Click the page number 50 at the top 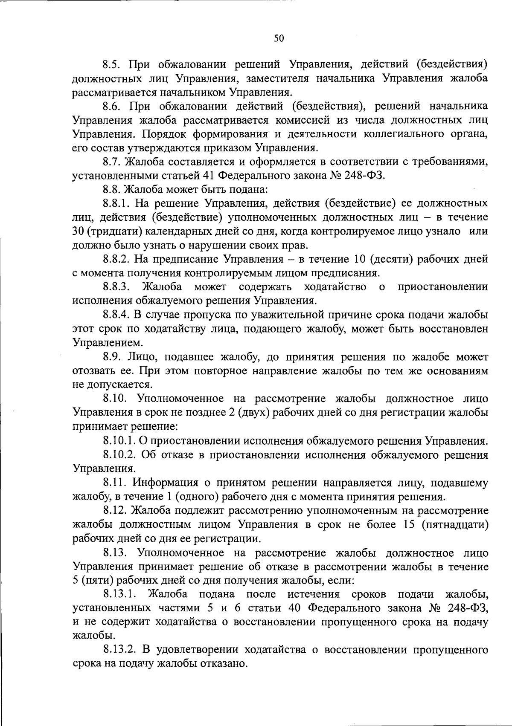tap(279, 39)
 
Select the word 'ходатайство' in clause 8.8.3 tap(335, 287)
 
